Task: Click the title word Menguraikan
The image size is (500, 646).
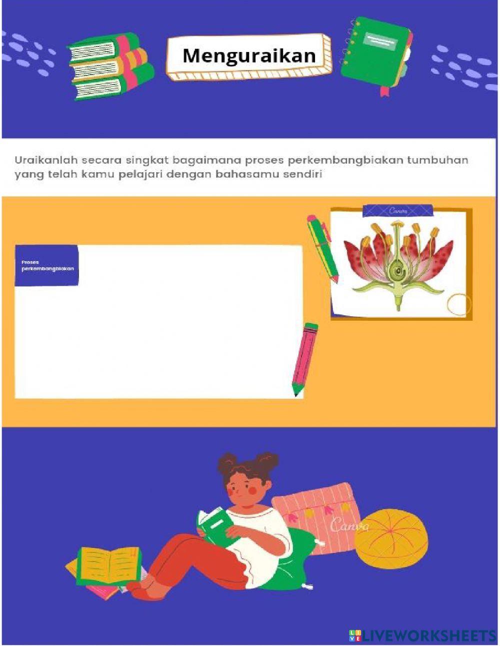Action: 248,56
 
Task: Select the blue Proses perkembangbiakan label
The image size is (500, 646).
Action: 46,265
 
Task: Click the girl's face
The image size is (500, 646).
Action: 245,488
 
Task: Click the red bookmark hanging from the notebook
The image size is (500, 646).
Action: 384,91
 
